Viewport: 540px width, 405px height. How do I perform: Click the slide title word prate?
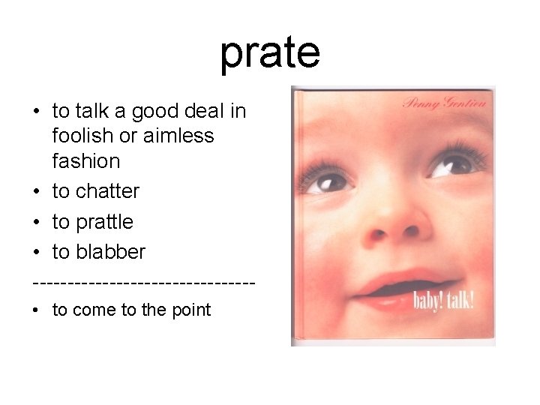click(270, 52)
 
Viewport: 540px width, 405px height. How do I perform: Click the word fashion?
click(86, 161)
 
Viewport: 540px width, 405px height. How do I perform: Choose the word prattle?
click(104, 222)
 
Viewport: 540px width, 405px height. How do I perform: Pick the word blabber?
click(110, 252)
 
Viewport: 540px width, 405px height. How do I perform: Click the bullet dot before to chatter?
click(36, 192)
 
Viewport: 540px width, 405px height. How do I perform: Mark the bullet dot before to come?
click(36, 310)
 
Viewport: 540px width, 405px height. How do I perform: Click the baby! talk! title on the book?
click(443, 301)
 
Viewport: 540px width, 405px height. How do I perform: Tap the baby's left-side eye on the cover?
click(329, 181)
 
